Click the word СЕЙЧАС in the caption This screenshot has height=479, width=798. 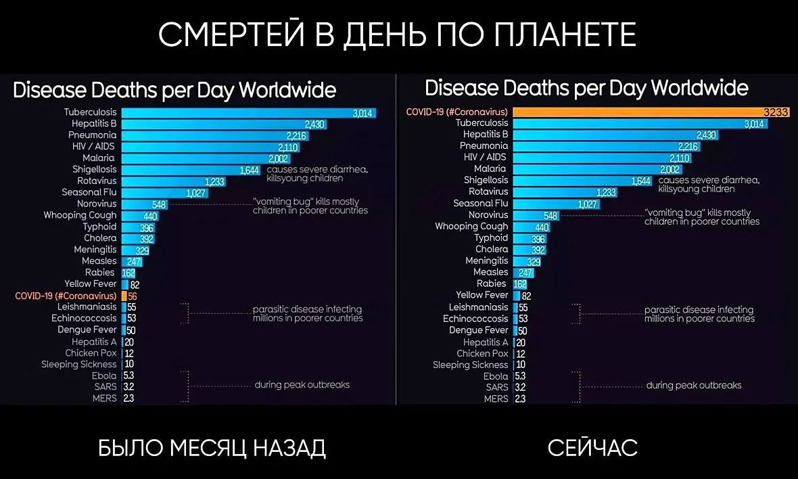pos(592,447)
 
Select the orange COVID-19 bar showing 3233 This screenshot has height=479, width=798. pos(649,112)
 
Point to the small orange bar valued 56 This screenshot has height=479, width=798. pos(124,296)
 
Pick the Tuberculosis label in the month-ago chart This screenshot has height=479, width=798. pos(90,112)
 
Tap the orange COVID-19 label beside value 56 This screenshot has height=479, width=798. pos(66,296)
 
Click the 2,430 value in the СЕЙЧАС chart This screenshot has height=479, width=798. pos(705,135)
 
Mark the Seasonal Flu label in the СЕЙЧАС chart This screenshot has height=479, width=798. pos(480,204)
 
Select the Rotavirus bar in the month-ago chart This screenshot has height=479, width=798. pos(173,181)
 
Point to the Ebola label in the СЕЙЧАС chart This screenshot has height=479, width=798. pos(496,376)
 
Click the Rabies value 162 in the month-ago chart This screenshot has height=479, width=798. pos(128,273)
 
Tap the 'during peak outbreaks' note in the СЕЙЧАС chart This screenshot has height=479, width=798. pos(693,386)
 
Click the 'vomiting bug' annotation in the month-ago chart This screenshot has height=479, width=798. pos(310,206)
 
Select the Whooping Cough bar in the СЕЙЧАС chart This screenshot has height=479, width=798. pos(531,227)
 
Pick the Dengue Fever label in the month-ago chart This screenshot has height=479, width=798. pos(87,330)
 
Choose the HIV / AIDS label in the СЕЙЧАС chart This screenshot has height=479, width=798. pos(485,158)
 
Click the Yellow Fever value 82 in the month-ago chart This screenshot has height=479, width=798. pos(135,284)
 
